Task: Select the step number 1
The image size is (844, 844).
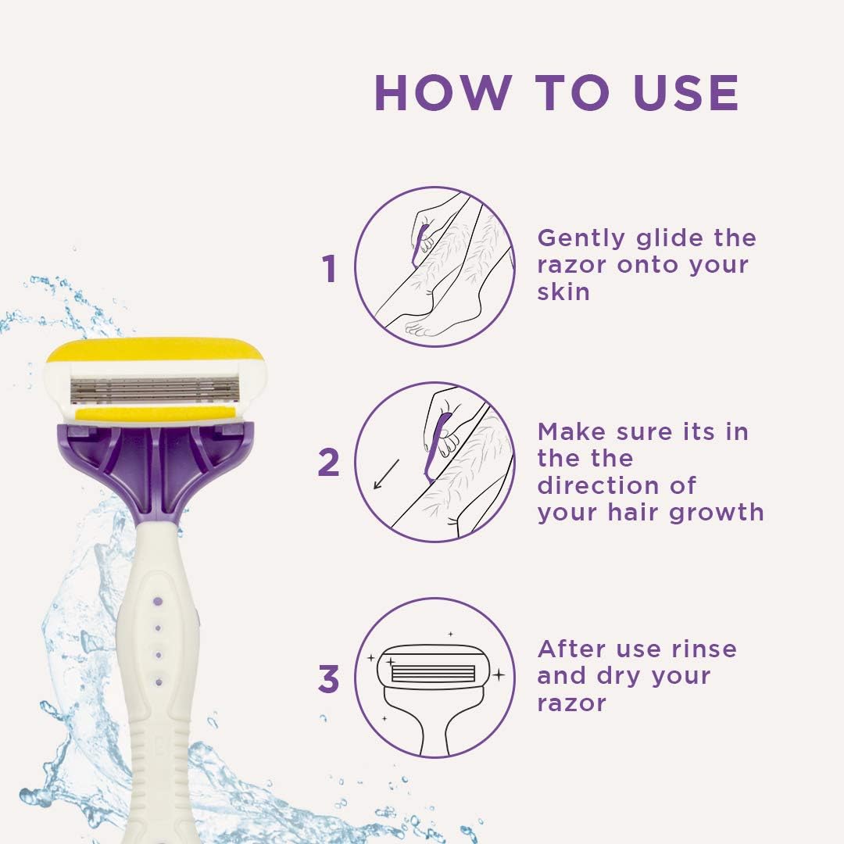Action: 330,270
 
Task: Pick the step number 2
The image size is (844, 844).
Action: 329,463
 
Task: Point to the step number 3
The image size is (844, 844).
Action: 329,680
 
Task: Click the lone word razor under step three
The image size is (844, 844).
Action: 571,703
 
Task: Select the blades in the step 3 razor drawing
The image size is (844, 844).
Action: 433,674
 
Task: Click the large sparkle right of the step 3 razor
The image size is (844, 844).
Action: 498,674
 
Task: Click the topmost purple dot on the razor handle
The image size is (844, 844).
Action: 157,601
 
